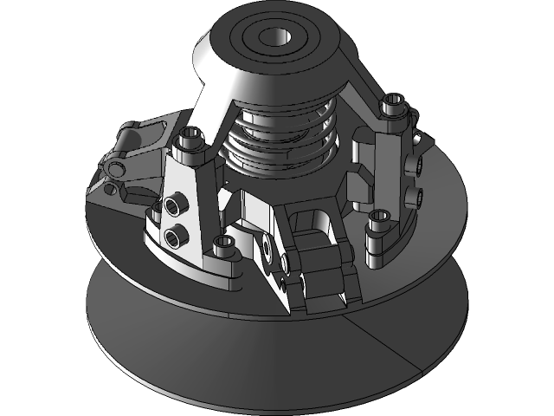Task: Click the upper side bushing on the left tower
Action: tap(178, 205)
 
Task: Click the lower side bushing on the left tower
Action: tap(177, 234)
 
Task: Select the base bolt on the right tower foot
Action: tap(379, 219)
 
